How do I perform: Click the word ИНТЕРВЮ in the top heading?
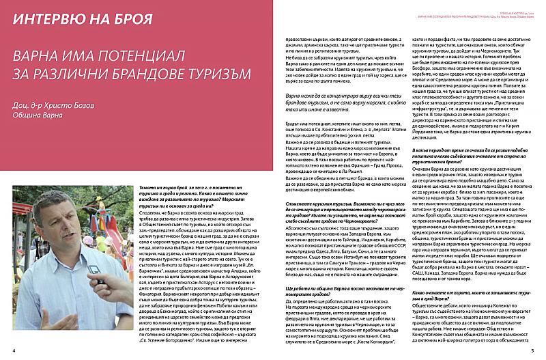pos(45,15)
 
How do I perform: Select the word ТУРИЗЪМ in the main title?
pos(210,72)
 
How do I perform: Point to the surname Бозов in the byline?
pos(102,100)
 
